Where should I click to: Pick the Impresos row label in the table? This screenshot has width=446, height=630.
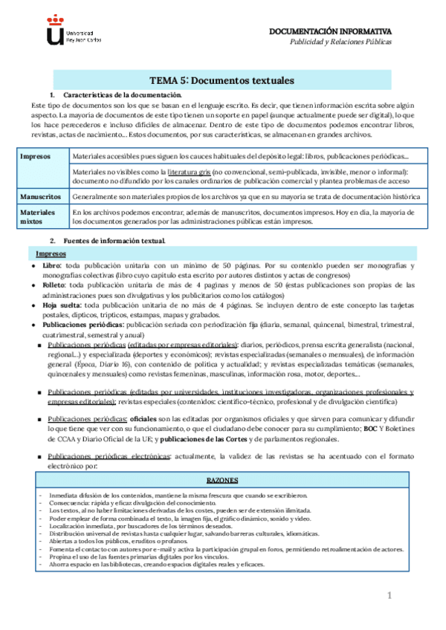point(36,157)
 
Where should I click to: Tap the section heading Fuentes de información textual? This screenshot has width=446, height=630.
point(114,241)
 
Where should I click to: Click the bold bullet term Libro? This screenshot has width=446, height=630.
point(51,265)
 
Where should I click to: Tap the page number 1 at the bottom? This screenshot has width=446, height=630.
point(388,597)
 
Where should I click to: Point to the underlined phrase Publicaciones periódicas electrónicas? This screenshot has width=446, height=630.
point(109,457)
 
